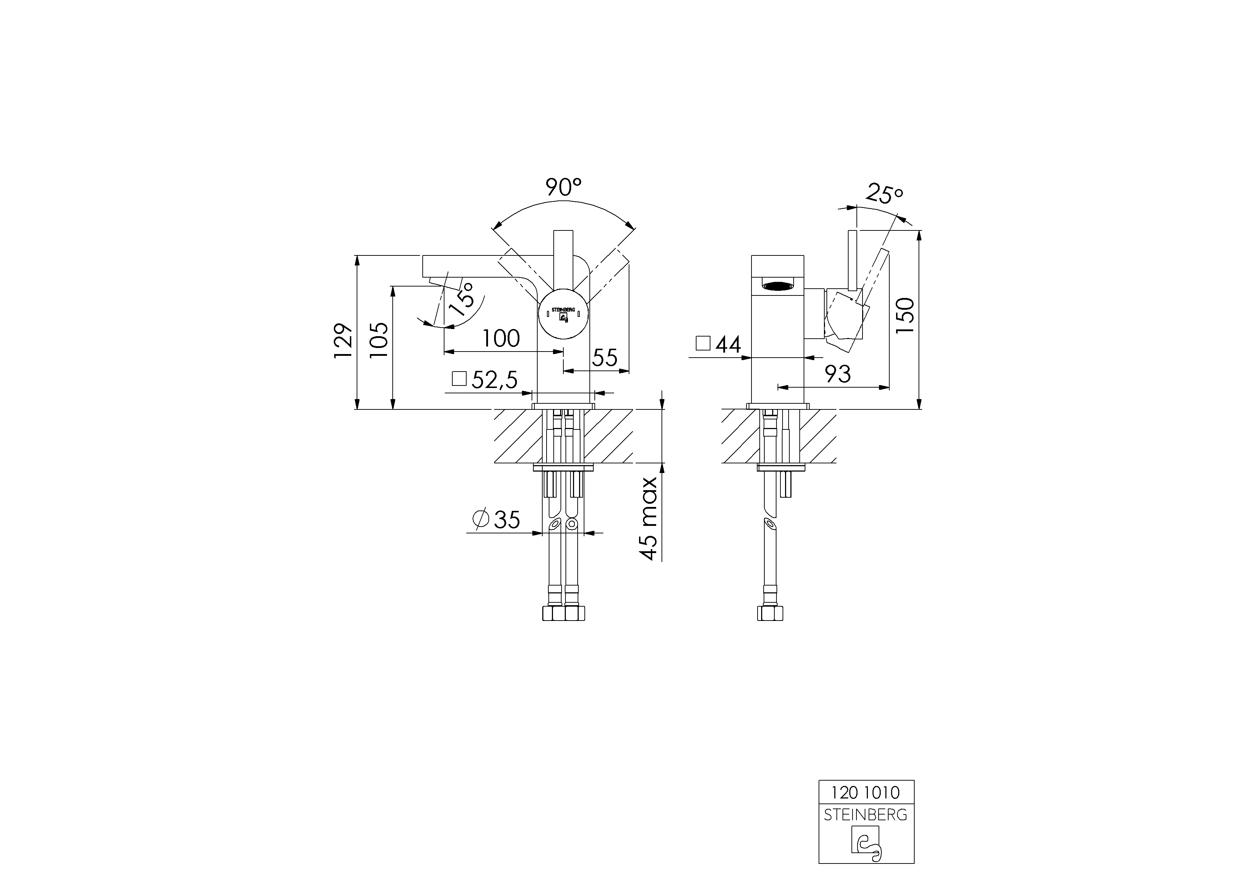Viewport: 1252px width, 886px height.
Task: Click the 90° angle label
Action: point(563,187)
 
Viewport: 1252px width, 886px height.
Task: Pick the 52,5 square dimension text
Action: point(494,380)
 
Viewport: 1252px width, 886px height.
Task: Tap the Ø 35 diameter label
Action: point(497,519)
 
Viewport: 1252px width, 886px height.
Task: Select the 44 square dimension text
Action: point(728,344)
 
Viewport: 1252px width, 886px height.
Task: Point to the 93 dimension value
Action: point(838,374)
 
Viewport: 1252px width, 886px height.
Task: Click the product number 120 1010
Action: point(865,792)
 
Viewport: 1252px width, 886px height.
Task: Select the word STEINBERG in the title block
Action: point(865,815)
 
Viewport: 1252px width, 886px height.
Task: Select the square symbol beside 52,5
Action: point(459,379)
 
